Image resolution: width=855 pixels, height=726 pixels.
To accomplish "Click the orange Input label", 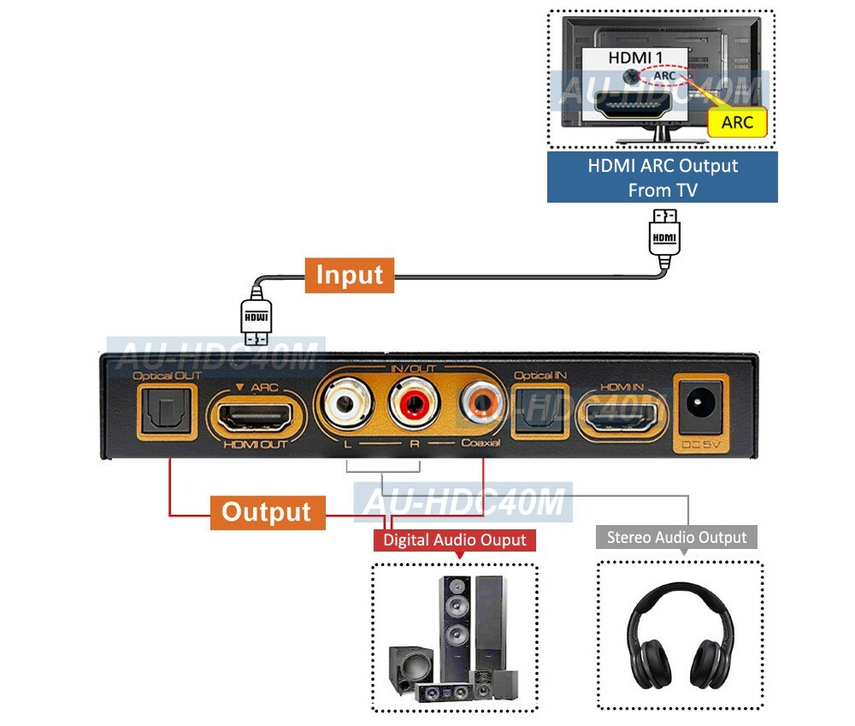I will click(x=350, y=275).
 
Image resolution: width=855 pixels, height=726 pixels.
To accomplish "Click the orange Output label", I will click(x=267, y=512).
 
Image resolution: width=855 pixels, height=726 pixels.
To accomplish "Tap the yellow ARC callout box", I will click(x=737, y=122).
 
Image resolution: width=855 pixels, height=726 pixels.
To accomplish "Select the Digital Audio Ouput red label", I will click(x=455, y=540).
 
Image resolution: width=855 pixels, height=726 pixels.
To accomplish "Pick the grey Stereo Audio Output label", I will click(x=676, y=537).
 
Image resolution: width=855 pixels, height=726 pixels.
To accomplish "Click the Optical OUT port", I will click(x=168, y=412).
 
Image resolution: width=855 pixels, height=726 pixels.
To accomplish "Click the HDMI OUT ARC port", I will click(x=256, y=416).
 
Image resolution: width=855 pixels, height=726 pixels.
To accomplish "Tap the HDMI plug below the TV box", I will click(x=664, y=236).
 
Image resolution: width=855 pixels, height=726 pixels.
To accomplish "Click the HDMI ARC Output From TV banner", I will click(x=663, y=178).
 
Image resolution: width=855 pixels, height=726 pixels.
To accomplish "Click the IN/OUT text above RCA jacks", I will click(x=413, y=369).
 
